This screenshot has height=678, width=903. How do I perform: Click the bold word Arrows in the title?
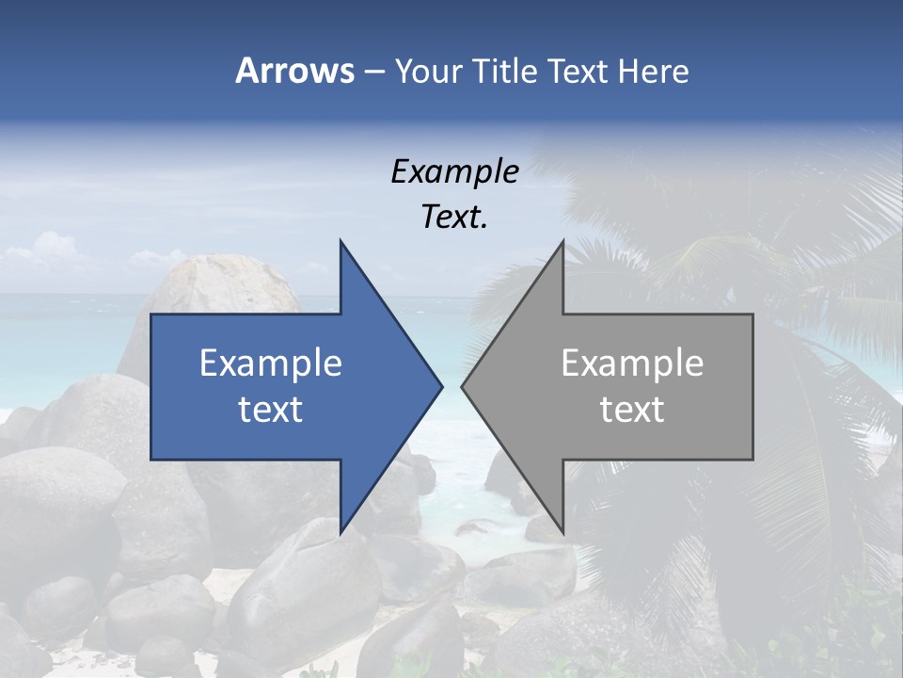click(293, 71)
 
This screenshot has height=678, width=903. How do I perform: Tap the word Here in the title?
click(654, 71)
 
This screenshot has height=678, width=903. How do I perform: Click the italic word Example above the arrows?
click(454, 172)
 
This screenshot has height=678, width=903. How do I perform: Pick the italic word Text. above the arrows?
click(454, 217)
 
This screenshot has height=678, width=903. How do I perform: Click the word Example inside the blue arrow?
click(271, 363)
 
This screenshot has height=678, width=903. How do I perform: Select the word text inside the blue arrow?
click(271, 410)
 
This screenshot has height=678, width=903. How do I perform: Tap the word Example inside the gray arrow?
click(632, 363)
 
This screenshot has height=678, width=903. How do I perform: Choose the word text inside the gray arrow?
click(632, 410)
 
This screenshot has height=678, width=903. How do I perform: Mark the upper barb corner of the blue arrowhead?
click(341, 241)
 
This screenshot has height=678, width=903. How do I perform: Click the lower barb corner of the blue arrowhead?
click(341, 533)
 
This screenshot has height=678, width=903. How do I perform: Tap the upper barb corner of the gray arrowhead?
click(562, 241)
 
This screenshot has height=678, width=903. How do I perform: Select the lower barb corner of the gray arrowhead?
click(562, 533)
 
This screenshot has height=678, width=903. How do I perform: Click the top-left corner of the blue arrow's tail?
click(151, 315)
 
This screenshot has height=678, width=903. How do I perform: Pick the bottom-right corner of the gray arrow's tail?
click(752, 460)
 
